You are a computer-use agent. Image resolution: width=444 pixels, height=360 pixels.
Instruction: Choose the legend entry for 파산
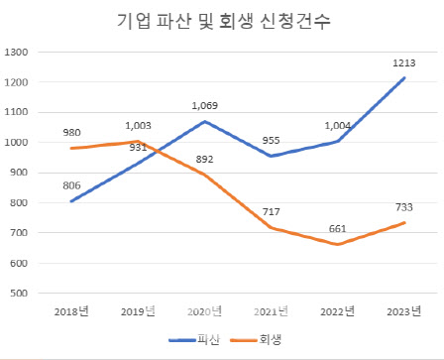[193, 339]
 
